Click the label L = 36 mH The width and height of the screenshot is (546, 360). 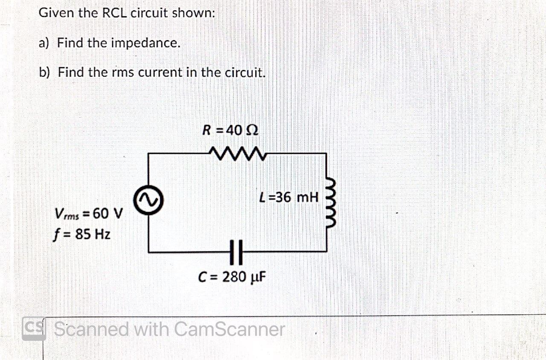tap(289, 197)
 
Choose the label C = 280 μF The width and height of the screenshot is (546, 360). tap(232, 277)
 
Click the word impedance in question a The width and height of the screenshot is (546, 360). tap(145, 43)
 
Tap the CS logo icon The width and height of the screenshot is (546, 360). tap(34, 329)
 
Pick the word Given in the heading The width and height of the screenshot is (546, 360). tap(55, 13)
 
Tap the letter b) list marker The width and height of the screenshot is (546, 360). tap(44, 72)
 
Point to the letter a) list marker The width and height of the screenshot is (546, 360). tap(44, 43)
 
